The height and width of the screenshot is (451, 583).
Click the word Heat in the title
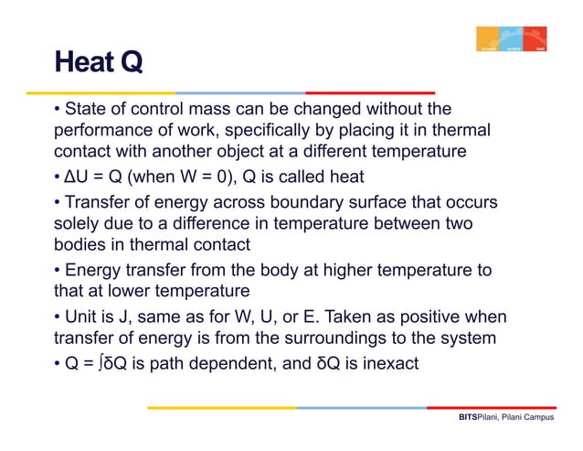point(79,63)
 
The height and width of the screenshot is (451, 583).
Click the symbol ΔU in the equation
point(75,177)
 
